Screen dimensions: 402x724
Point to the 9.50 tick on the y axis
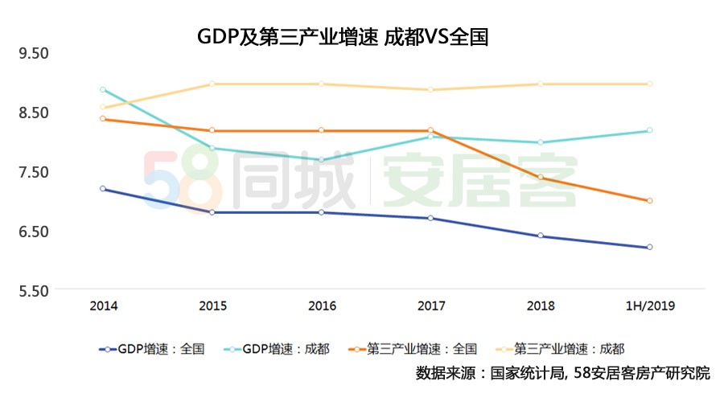(35, 53)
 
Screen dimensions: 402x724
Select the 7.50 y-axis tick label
(35, 172)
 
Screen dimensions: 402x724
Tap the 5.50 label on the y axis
(35, 291)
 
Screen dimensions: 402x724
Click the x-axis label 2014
(103, 306)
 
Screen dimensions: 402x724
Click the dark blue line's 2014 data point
(103, 189)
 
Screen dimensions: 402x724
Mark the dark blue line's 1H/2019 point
(649, 248)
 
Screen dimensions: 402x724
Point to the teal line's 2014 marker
(103, 89)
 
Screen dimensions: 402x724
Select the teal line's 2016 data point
(322, 160)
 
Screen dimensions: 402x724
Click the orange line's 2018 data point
(540, 178)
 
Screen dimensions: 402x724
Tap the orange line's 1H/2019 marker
(649, 201)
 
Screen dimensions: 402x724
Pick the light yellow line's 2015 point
(212, 84)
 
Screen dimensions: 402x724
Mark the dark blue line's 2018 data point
(540, 236)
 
